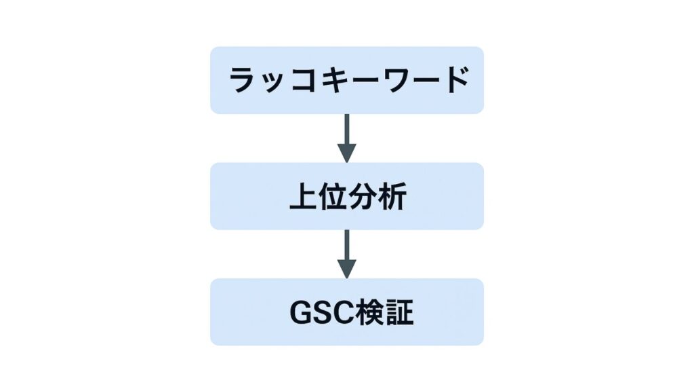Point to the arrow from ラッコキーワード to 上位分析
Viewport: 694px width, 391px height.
pyautogui.click(x=347, y=138)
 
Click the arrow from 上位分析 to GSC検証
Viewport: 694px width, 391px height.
pyautogui.click(x=347, y=254)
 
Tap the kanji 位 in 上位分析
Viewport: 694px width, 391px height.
pyautogui.click(x=332, y=196)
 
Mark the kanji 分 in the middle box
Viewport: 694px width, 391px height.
pyautogui.click(x=362, y=196)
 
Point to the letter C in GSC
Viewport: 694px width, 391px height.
pyautogui.click(x=340, y=312)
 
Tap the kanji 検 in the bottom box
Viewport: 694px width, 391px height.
pyautogui.click(x=367, y=312)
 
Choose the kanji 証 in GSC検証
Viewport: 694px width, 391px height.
pyautogui.click(x=397, y=312)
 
